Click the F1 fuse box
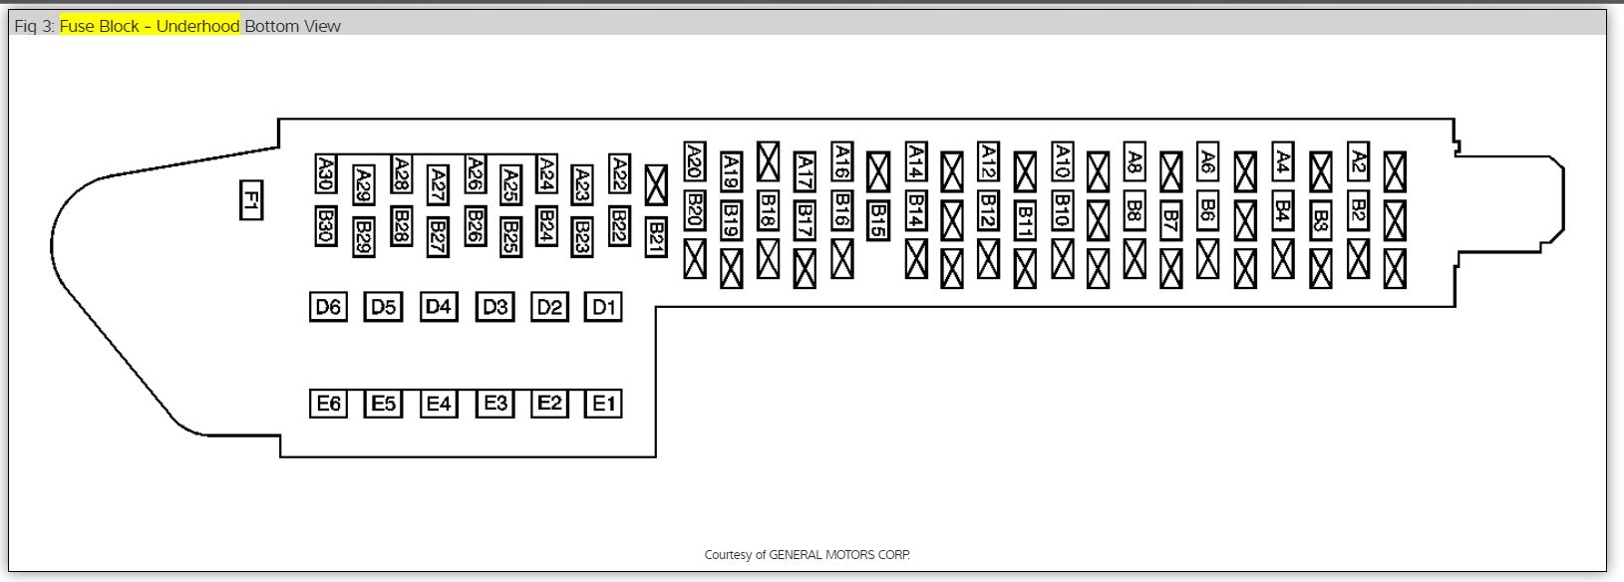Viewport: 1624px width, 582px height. coord(251,199)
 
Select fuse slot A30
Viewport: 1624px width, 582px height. coord(325,173)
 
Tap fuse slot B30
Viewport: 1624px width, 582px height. coord(325,225)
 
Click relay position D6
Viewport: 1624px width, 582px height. coord(328,307)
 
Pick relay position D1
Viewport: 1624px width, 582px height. coord(604,307)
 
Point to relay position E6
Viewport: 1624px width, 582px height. coord(328,404)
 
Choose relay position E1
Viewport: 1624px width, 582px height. coord(604,404)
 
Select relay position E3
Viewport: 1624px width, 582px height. coord(495,404)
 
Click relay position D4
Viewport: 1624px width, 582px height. coord(439,307)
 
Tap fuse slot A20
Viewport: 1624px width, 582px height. coord(695,160)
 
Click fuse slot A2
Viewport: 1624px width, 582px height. coord(1358,160)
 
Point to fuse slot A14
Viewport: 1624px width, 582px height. coord(915,160)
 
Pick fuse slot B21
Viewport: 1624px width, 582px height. coord(656,237)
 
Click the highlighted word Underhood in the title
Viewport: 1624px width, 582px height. coord(197,26)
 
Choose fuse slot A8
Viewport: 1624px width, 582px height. coord(1135,160)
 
